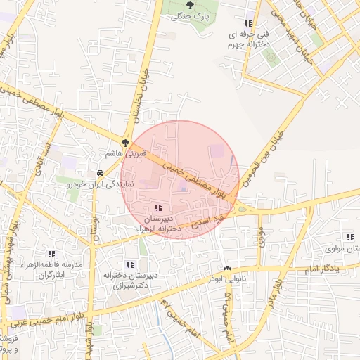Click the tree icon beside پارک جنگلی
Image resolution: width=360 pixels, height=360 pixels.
pyautogui.click(x=190, y=5)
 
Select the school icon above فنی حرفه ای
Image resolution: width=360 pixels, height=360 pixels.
pyautogui.click(x=247, y=23)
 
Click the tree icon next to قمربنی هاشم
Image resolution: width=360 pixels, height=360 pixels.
pyautogui.click(x=125, y=143)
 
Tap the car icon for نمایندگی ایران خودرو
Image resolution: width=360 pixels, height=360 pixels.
pyautogui.click(x=100, y=173)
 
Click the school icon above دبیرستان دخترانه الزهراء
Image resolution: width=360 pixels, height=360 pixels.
pyautogui.click(x=158, y=207)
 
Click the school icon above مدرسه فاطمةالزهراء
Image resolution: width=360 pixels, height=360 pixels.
pyautogui.click(x=51, y=254)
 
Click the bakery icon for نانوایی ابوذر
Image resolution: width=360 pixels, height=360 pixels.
pyautogui.click(x=227, y=269)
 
